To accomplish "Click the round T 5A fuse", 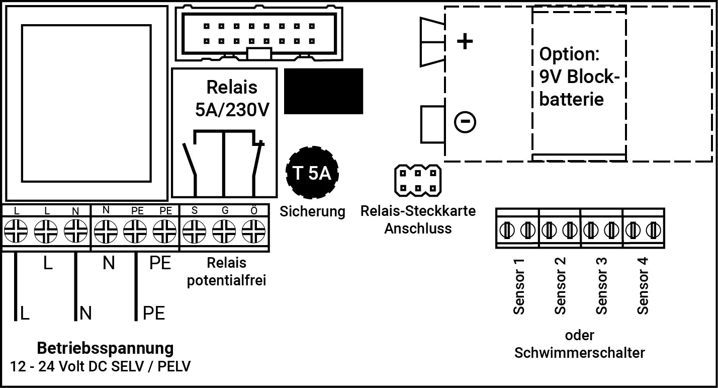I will click(312, 174).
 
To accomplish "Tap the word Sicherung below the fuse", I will click(313, 211).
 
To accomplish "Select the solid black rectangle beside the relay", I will click(323, 91).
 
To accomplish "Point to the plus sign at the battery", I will click(465, 41).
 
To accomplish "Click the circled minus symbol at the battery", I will click(465, 122).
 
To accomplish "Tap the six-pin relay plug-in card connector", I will click(418, 181).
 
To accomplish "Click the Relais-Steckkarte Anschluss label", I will click(418, 219).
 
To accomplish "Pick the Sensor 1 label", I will click(518, 286).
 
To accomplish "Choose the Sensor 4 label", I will click(643, 286).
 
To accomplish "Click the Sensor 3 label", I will click(601, 286).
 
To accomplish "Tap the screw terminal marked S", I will click(194, 232).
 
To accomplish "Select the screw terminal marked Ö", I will click(254, 232).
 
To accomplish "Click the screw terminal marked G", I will click(224, 232).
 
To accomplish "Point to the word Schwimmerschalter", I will click(579, 352).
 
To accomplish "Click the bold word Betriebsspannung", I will click(105, 348).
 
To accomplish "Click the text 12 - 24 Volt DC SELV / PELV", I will click(101, 366).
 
